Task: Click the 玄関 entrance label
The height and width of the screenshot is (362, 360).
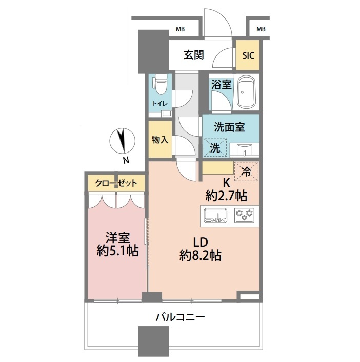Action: click(x=194, y=55)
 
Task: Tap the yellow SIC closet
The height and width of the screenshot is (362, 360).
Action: click(x=248, y=55)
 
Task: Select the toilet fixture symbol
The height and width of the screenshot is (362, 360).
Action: click(x=160, y=85)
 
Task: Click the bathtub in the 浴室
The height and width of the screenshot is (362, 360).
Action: click(x=246, y=93)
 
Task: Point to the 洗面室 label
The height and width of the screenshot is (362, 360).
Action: click(x=229, y=127)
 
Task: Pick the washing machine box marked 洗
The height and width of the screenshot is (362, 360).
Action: click(x=215, y=148)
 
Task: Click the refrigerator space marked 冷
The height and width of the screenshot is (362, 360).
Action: click(x=246, y=172)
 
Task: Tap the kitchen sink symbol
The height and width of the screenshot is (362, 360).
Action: click(x=215, y=216)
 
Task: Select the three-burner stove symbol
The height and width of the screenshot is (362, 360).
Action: click(x=244, y=216)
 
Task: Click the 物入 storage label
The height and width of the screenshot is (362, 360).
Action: click(x=160, y=140)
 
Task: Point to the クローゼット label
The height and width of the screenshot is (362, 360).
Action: click(x=116, y=183)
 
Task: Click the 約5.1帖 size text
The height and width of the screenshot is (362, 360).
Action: click(x=117, y=251)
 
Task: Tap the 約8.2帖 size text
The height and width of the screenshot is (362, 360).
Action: click(x=201, y=255)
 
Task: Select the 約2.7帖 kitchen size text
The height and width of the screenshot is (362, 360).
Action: click(x=226, y=196)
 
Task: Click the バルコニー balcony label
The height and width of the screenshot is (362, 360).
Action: click(x=180, y=317)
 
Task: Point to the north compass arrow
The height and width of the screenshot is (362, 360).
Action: click(x=122, y=141)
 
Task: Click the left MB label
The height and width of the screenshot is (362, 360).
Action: click(x=180, y=29)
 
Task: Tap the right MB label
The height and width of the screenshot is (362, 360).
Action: click(x=261, y=29)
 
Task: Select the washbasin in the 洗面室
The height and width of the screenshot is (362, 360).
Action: click(x=244, y=149)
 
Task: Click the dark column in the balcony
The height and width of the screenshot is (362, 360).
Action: click(x=153, y=341)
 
